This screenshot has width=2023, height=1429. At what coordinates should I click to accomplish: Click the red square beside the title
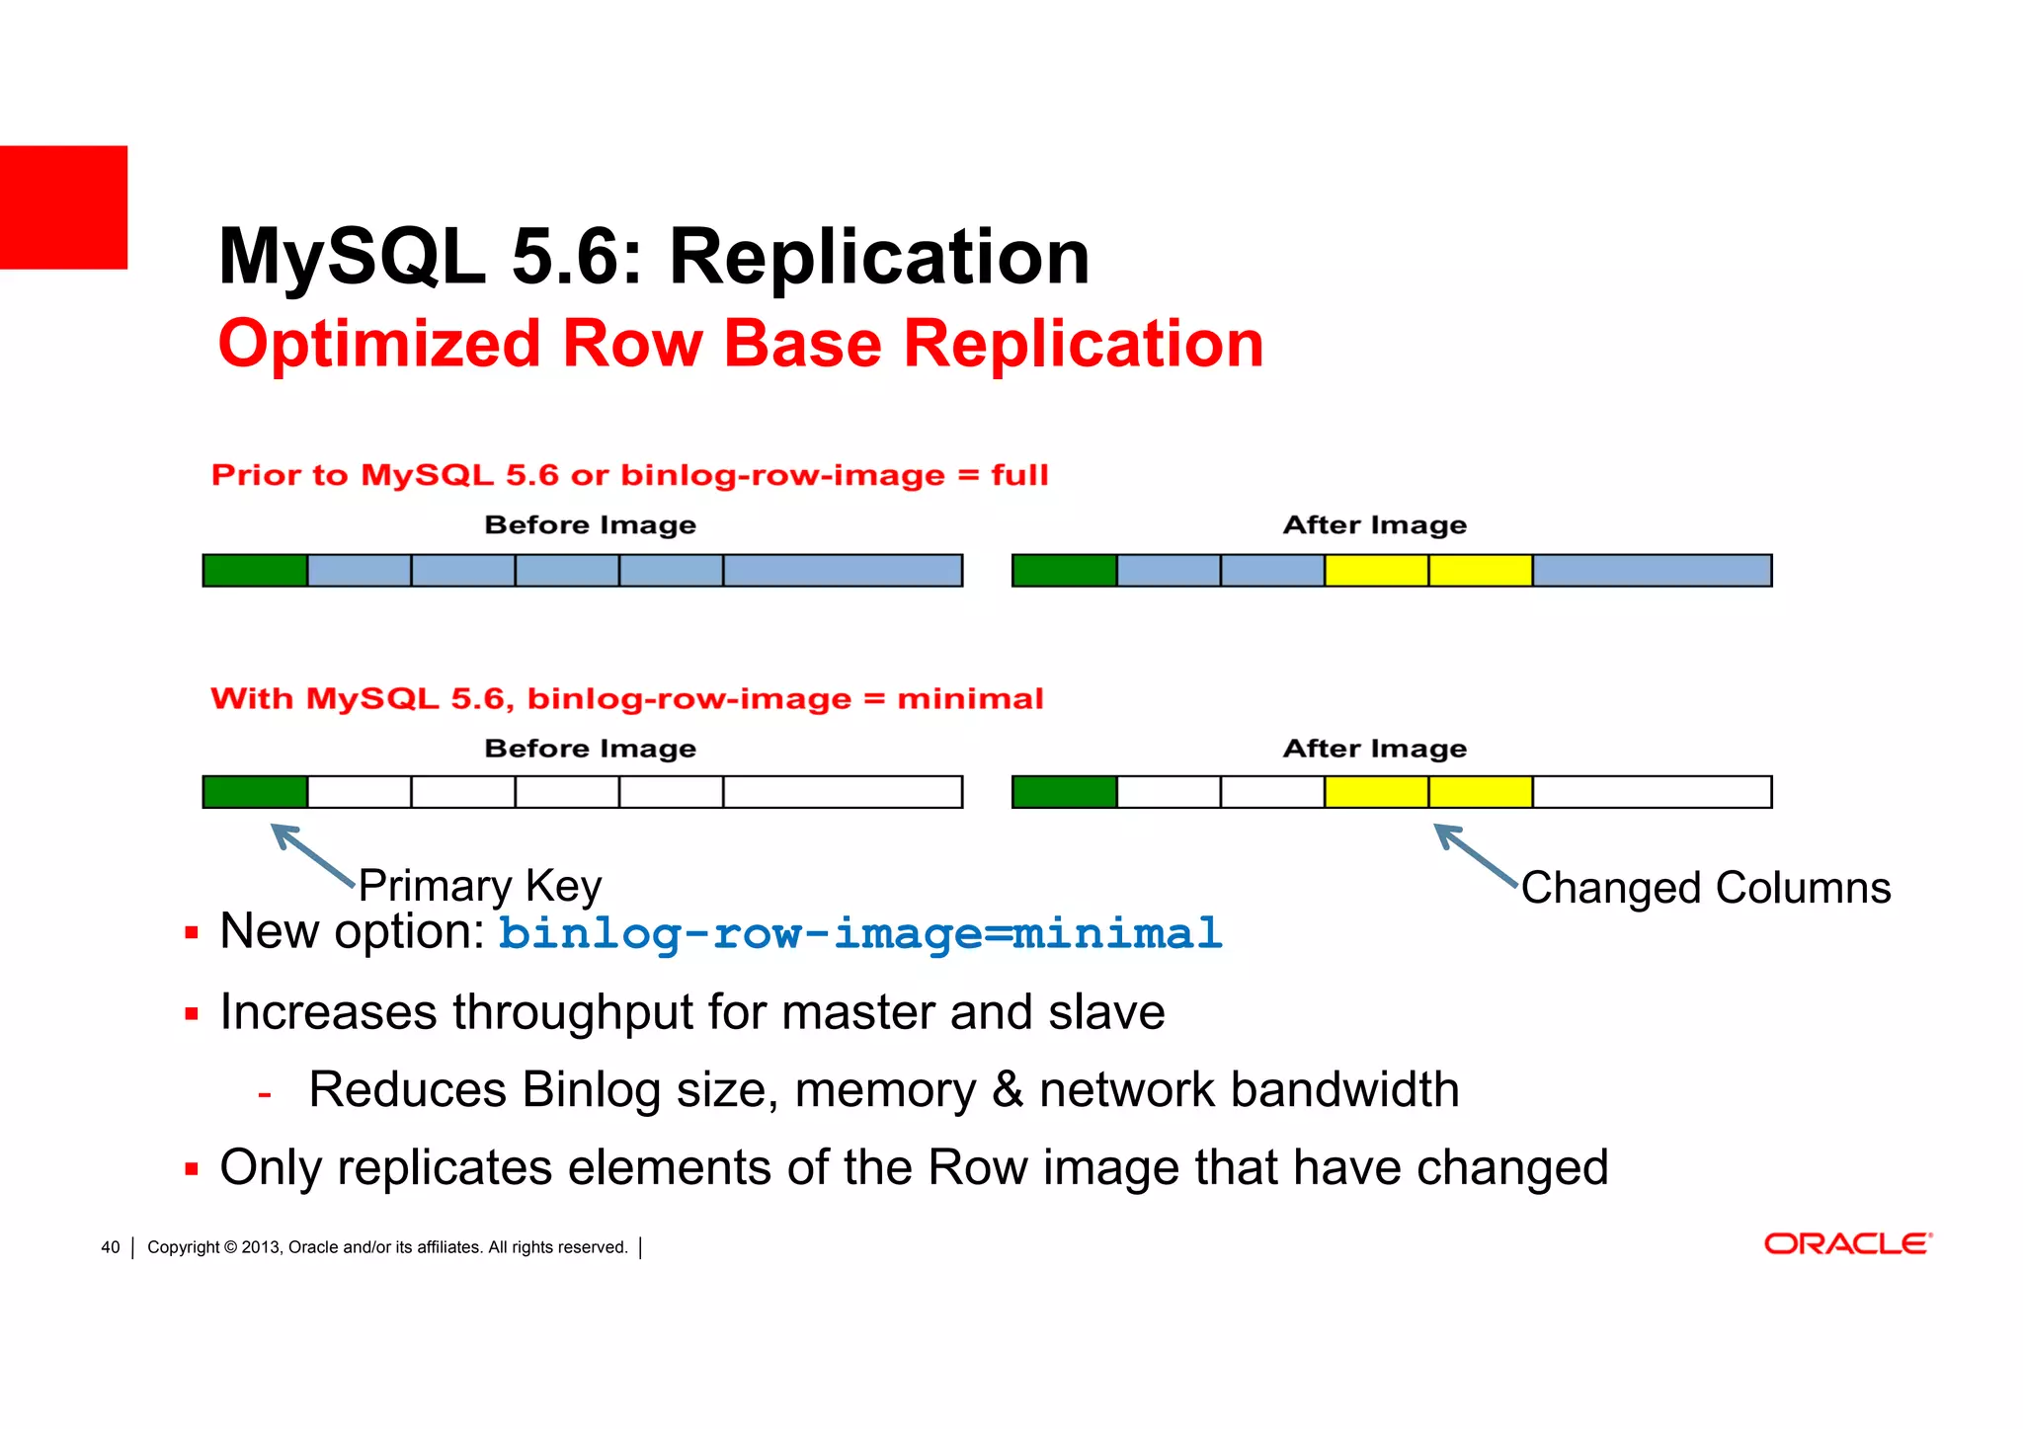63,207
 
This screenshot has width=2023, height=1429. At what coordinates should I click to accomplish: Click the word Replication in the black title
879,257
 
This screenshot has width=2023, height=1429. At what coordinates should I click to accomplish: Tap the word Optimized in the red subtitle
378,344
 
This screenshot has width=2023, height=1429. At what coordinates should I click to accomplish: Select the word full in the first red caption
1019,475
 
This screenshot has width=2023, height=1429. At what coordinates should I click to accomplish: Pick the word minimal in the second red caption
970,699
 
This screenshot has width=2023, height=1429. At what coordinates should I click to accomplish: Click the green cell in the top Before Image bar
255,571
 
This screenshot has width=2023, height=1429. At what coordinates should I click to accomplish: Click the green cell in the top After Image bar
1064,571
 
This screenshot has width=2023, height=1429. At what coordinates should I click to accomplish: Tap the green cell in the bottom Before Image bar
255,792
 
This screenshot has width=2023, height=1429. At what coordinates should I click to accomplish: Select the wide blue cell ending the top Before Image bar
843,571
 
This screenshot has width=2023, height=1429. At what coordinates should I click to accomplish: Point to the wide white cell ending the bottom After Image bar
1652,792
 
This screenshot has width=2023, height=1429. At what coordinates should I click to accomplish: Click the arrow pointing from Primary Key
311,854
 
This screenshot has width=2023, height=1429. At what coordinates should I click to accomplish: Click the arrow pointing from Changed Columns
1475,854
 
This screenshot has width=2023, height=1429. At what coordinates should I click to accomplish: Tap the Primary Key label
479,885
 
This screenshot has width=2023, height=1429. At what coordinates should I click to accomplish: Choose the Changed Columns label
1705,888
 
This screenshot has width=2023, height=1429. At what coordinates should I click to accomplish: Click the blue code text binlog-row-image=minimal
859,933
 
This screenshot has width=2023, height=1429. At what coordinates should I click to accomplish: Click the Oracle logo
1847,1244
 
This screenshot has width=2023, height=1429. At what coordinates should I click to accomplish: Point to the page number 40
111,1247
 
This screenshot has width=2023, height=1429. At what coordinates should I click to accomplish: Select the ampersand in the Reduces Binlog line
1007,1090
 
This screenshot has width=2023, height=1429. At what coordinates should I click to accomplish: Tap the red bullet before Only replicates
192,1170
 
